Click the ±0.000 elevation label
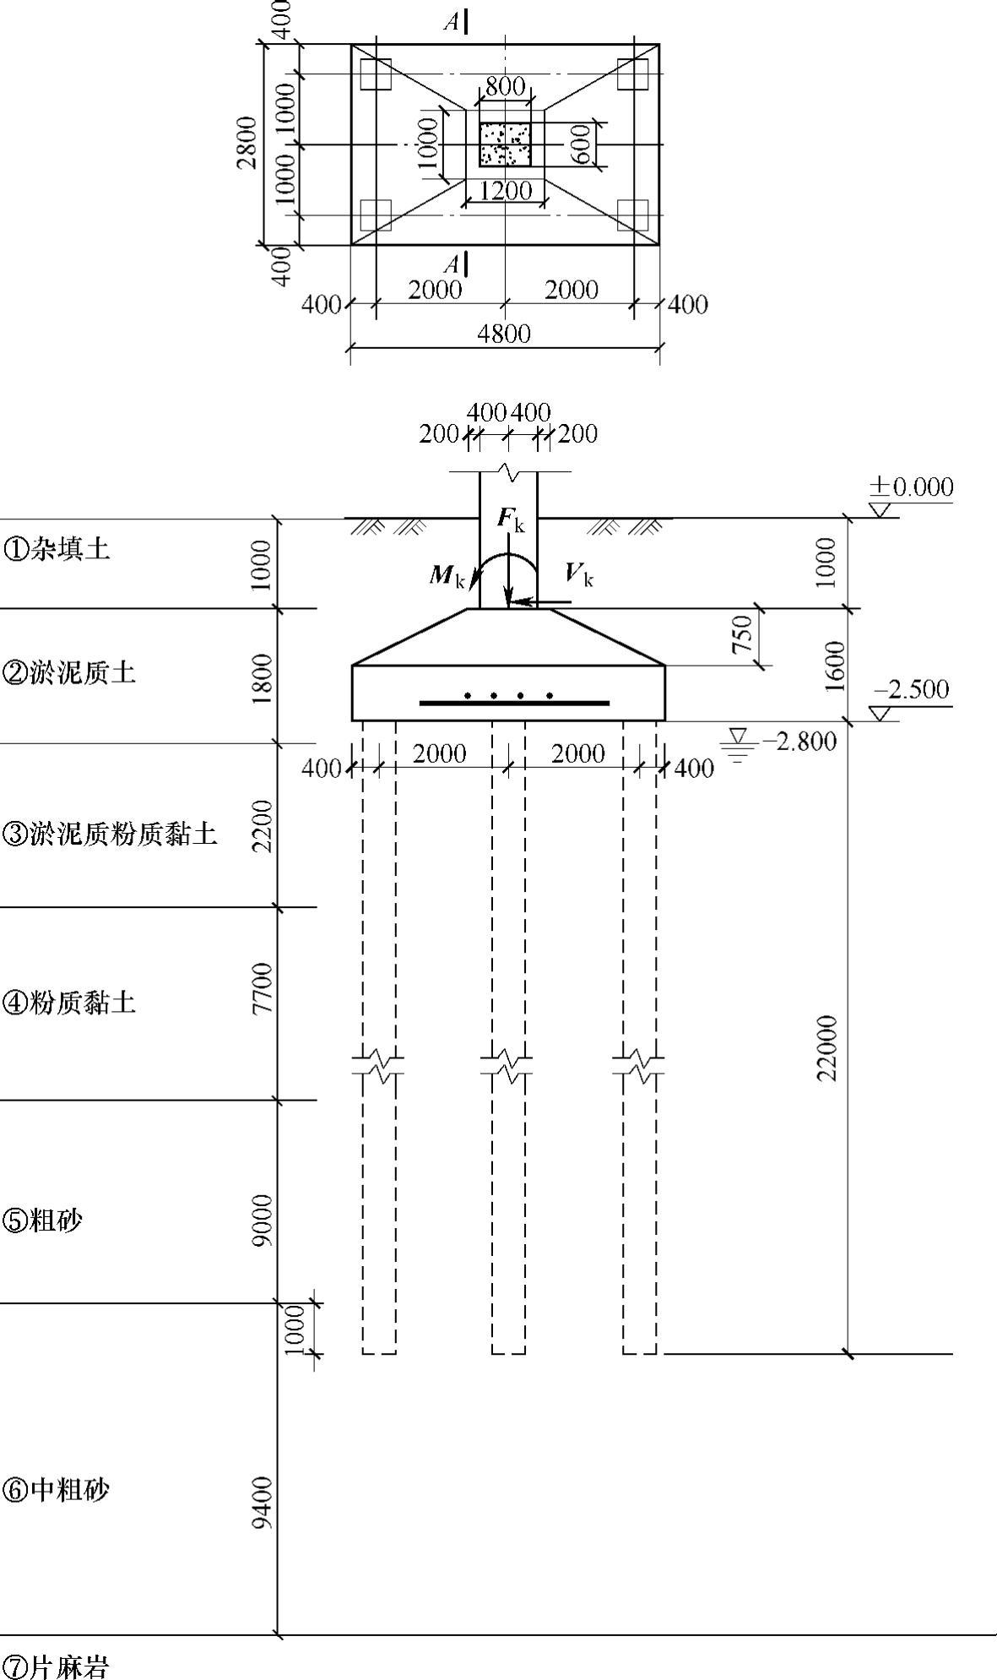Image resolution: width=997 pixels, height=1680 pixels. click(x=912, y=487)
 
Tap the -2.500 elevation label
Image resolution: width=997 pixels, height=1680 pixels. click(x=910, y=690)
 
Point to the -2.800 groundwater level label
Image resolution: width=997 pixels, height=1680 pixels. click(x=799, y=742)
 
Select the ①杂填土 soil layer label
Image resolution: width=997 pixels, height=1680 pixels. click(x=57, y=550)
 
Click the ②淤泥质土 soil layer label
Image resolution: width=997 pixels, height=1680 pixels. click(x=70, y=673)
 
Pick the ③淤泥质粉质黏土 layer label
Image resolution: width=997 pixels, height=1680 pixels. click(x=111, y=835)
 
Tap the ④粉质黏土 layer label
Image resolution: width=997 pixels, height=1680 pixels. click(x=70, y=1003)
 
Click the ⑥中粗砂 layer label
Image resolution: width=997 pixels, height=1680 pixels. click(x=57, y=1490)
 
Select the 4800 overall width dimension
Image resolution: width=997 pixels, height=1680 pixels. click(x=504, y=334)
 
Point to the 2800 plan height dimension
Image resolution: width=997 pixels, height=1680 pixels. click(x=247, y=144)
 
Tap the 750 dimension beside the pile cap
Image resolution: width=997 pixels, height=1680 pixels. click(x=740, y=634)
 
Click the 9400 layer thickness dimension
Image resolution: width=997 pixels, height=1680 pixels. click(x=263, y=1503)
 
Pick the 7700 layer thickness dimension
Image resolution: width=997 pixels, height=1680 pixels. click(x=263, y=987)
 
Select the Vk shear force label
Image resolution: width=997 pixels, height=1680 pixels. click(x=579, y=575)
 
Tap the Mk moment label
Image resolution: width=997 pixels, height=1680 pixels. click(x=447, y=576)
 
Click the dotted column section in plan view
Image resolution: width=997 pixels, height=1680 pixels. click(x=505, y=144)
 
